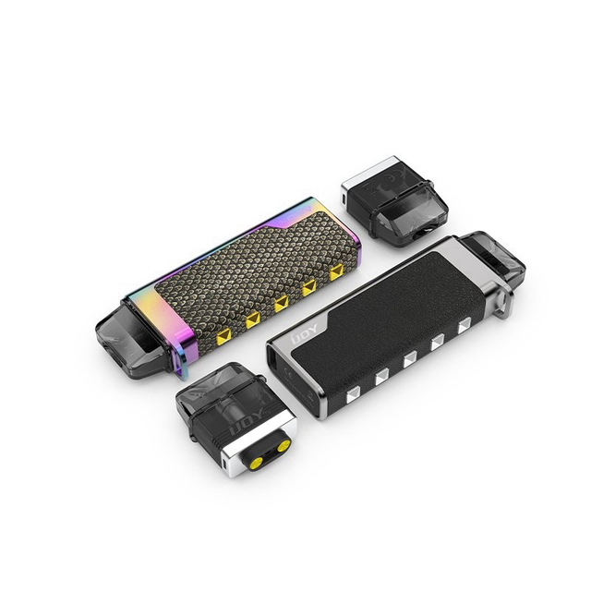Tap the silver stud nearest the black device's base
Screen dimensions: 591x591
350,396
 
